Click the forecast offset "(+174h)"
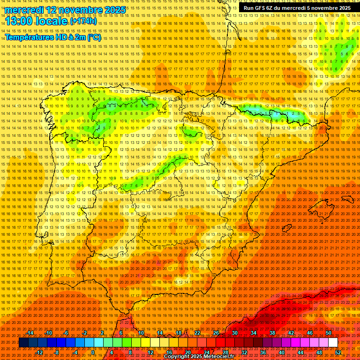pos(83,22)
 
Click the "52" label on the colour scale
pos(338,352)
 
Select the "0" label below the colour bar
pos(93,352)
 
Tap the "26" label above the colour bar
pos(216,333)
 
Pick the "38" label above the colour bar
pos(272,333)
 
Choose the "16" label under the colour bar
pos(169,352)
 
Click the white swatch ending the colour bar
pos(333,343)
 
